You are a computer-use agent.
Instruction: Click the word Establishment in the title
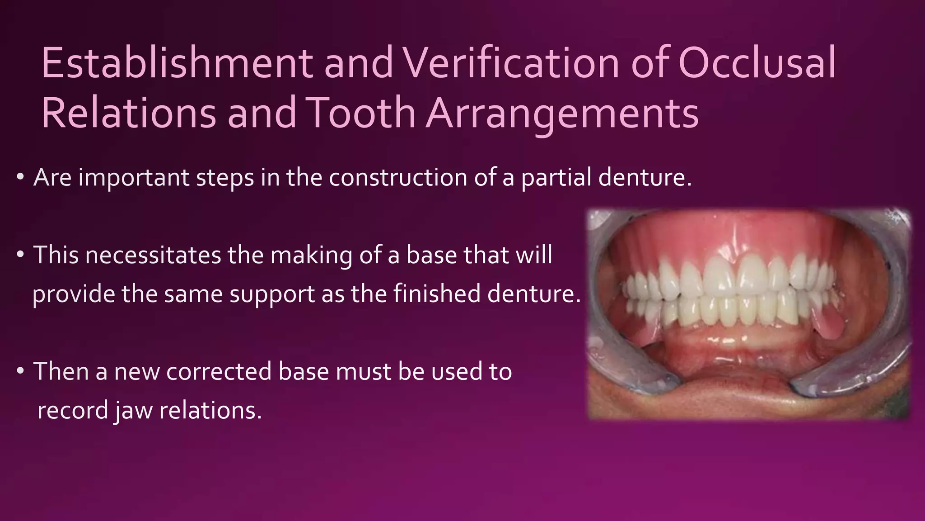[x=176, y=63]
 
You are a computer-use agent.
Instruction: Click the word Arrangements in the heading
[x=562, y=113]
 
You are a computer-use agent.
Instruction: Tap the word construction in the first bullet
[x=397, y=178]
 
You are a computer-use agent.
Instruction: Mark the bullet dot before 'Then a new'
[x=20, y=372]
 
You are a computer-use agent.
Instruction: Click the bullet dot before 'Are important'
[x=20, y=178]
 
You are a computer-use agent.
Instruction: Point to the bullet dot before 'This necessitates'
[x=20, y=255]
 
